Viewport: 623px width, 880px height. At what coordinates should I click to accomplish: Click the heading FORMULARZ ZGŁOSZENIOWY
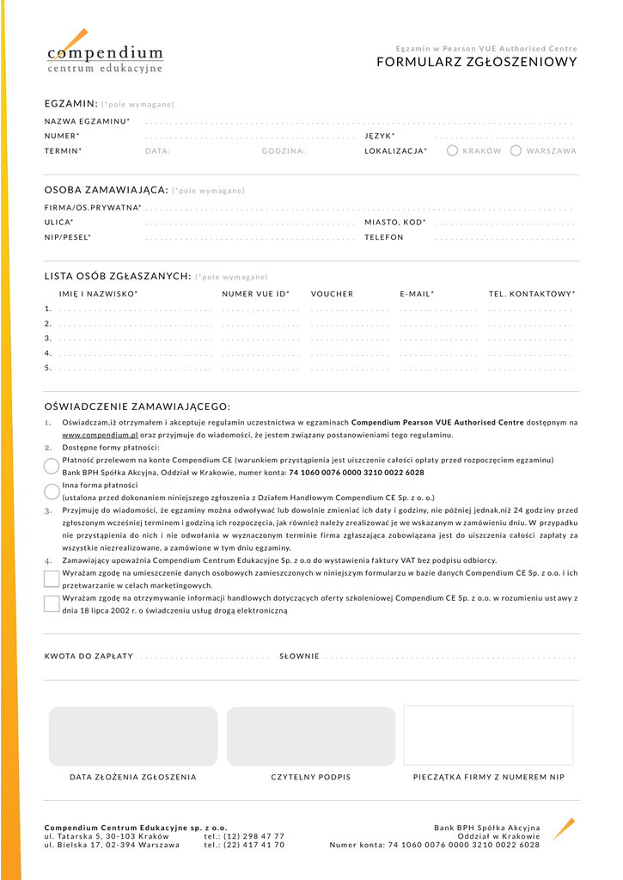click(477, 62)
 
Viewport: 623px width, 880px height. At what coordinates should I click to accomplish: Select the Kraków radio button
click(453, 150)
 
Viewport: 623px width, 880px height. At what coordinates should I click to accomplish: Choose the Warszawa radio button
click(516, 150)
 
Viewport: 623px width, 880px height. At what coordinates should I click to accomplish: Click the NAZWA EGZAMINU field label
click(87, 121)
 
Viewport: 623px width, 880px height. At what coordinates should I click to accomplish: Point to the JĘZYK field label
click(379, 136)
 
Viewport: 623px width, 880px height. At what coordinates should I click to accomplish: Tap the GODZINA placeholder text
click(284, 151)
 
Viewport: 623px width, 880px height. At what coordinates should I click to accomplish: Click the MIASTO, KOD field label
click(394, 223)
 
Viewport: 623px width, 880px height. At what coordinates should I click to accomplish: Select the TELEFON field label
click(383, 237)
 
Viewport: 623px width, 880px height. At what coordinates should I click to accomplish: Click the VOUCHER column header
click(332, 294)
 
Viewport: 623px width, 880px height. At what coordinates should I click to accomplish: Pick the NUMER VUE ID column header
click(255, 294)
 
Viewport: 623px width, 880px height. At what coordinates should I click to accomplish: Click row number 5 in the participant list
click(48, 368)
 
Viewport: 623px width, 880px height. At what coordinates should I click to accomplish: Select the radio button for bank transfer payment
click(52, 466)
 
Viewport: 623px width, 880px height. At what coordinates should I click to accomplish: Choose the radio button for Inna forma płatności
click(52, 491)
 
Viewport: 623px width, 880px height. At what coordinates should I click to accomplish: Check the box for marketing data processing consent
click(52, 578)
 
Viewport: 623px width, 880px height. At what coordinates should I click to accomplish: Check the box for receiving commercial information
click(52, 603)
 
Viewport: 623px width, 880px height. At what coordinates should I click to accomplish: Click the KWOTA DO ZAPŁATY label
click(89, 657)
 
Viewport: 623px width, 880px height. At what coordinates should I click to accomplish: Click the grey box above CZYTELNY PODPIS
click(311, 736)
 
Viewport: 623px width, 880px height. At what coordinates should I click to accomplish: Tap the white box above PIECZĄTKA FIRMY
click(488, 736)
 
